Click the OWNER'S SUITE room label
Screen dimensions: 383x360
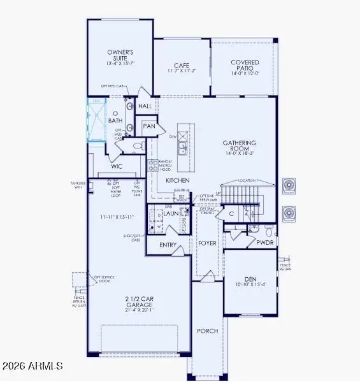119,55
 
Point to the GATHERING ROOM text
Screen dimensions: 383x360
239,143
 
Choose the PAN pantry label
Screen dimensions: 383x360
149,126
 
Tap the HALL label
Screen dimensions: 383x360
145,106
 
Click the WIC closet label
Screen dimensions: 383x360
117,166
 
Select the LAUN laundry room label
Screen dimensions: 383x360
169,213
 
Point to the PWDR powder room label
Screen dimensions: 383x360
264,242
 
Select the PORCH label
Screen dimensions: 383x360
207,331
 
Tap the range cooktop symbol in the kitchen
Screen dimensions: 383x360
153,166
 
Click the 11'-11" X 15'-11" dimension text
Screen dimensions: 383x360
115,217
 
